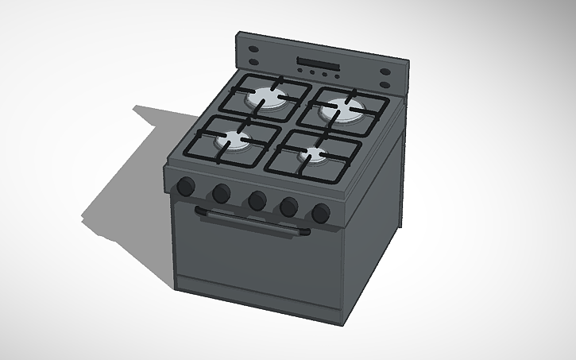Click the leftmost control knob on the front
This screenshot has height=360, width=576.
click(185, 187)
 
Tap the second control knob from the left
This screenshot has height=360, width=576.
click(221, 192)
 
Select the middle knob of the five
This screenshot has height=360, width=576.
click(256, 200)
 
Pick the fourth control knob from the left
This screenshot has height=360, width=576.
click(289, 207)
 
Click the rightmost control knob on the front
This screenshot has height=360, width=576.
click(321, 213)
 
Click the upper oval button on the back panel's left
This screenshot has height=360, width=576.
click(254, 48)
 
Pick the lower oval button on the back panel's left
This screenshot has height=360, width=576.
click(253, 59)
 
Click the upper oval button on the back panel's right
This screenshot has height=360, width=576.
click(385, 72)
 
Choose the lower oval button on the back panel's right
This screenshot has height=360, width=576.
click(385, 83)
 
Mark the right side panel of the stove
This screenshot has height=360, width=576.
click(373, 215)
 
